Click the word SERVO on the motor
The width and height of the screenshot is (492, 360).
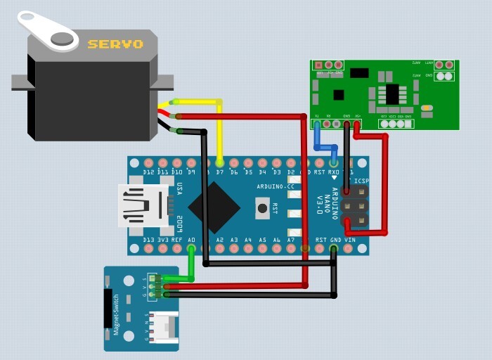coord(115,44)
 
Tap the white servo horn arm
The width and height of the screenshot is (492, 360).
coord(48,31)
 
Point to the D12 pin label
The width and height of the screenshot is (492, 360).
coord(148,172)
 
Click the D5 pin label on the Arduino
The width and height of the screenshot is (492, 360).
coord(247,172)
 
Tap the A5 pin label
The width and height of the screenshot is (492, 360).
coord(262,240)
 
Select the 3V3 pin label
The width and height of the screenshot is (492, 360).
coord(162,240)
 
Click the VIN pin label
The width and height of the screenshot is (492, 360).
coord(349,240)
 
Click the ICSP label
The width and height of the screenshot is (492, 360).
coord(361,181)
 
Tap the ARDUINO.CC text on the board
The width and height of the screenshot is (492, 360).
coord(276,186)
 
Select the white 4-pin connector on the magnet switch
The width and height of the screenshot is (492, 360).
coord(166,327)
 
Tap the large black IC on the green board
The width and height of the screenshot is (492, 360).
coord(391,94)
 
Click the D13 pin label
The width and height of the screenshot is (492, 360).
coord(148,240)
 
